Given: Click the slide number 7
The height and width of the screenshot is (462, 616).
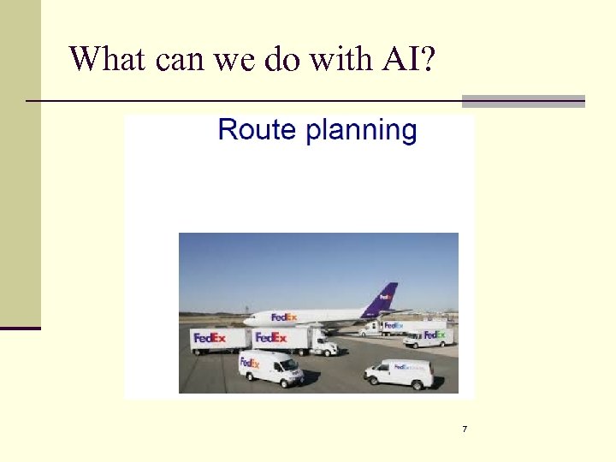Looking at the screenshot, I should click(465, 429).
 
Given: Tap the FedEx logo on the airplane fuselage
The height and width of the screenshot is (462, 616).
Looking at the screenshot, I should click(283, 317).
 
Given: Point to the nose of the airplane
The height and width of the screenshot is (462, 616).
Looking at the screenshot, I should click(246, 322).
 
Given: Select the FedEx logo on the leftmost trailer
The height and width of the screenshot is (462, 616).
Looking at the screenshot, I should click(210, 338).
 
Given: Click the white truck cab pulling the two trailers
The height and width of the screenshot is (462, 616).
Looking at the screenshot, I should click(323, 343).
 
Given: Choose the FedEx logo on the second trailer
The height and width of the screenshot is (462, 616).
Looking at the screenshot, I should click(271, 338).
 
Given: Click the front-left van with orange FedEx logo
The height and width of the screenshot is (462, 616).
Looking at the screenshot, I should click(269, 368).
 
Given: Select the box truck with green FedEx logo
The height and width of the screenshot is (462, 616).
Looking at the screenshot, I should click(429, 335).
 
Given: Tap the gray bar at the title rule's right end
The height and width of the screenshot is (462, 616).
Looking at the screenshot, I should click(523, 101).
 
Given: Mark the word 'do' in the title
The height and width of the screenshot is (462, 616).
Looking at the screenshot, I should click(275, 58).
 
